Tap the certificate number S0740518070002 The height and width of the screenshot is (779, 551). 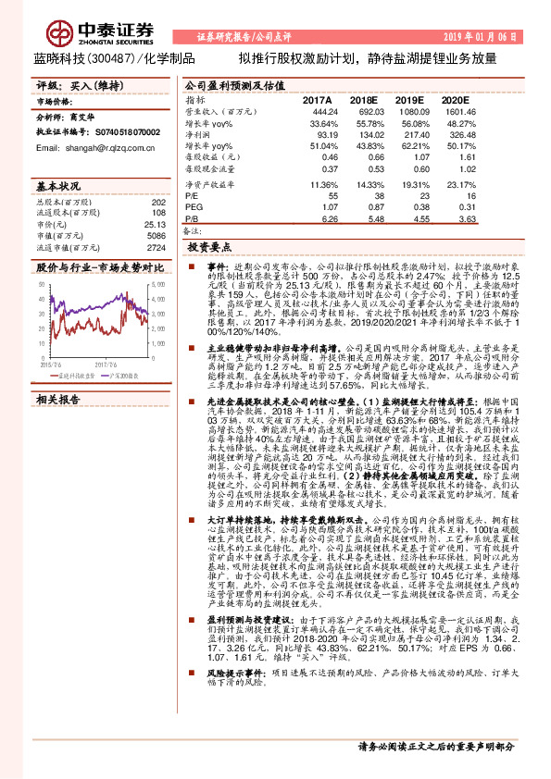pyautogui.click(x=120, y=133)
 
